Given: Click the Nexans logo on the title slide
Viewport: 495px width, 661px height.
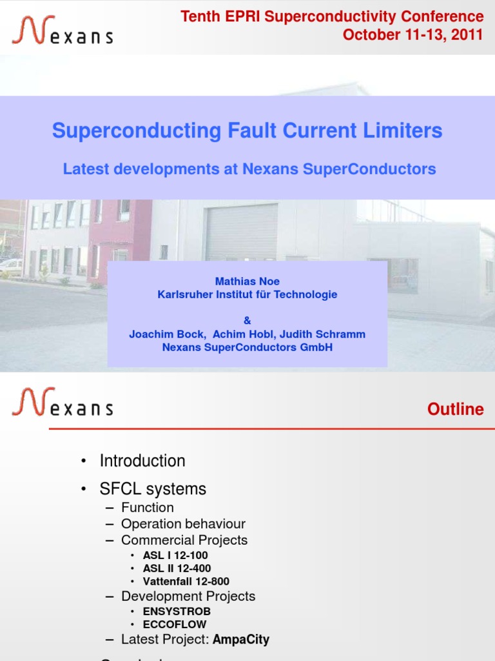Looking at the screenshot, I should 62,30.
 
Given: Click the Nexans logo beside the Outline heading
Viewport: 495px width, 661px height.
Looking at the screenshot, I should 62,402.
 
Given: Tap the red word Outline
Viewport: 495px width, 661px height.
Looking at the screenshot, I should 455,409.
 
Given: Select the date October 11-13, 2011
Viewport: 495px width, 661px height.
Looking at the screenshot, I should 412,35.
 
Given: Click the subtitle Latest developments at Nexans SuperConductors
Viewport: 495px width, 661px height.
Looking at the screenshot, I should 249,169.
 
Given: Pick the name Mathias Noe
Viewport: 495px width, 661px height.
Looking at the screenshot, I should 247,281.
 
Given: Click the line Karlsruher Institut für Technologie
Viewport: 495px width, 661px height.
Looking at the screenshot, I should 247,294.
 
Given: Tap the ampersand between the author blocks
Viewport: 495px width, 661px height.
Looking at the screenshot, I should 247,320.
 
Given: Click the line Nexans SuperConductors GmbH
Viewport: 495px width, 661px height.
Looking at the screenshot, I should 247,347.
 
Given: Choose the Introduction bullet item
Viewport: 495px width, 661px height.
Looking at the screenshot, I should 142,461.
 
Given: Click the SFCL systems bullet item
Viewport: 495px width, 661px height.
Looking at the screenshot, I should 153,489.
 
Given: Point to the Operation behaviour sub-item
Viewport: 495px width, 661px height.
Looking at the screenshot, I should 183,524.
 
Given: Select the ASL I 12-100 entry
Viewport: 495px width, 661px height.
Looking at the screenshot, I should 175,555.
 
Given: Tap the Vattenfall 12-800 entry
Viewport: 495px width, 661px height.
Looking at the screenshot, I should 186,582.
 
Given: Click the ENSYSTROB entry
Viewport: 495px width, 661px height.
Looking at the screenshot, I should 177,611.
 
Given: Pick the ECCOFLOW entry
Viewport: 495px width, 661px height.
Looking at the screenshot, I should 175,624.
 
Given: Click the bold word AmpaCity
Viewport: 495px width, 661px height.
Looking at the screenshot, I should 241,640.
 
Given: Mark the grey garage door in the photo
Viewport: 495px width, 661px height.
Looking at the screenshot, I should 241,232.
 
